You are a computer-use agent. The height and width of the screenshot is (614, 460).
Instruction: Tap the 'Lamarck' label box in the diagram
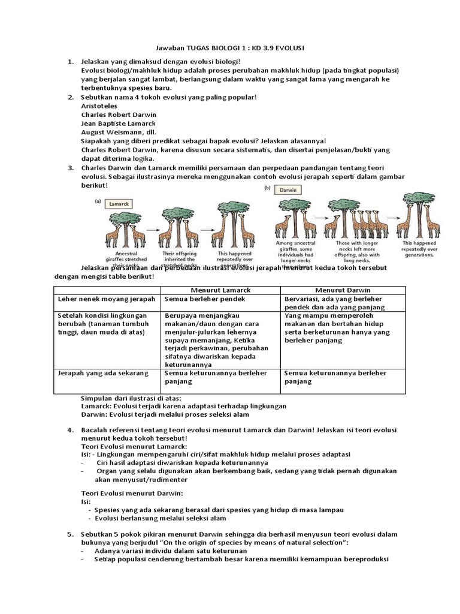pos(123,204)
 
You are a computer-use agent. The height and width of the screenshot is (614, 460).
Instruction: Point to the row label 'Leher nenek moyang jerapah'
pos(106,299)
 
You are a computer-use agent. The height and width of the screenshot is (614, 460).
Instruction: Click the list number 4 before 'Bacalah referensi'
pos(69,430)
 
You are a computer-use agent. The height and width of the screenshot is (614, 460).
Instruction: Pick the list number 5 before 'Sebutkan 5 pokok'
pos(69,534)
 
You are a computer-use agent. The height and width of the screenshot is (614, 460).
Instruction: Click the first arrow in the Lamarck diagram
pos(152,229)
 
